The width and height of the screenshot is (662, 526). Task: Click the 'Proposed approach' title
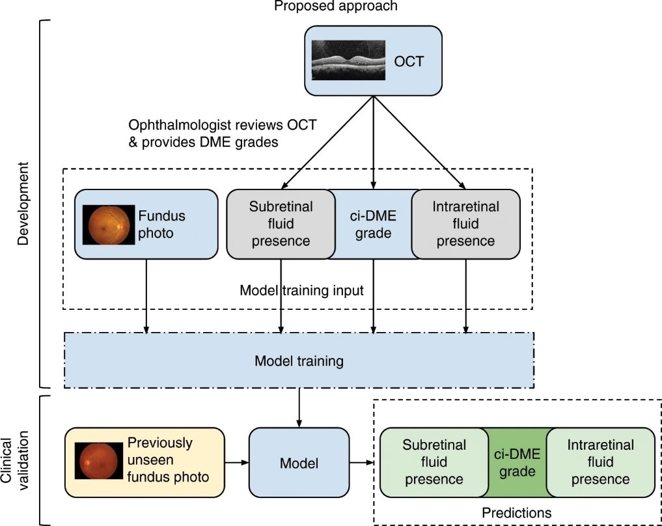335,7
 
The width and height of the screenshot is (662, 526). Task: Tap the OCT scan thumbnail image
348,61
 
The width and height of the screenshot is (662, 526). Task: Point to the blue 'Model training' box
299,360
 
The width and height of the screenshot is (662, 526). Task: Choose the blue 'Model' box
299,464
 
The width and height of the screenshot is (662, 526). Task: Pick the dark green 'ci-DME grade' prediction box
517,463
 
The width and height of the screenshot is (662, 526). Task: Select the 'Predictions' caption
516,513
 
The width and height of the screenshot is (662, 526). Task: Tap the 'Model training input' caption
301,290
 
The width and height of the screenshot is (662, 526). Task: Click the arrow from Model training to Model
299,407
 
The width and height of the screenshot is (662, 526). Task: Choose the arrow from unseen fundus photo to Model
236,463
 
